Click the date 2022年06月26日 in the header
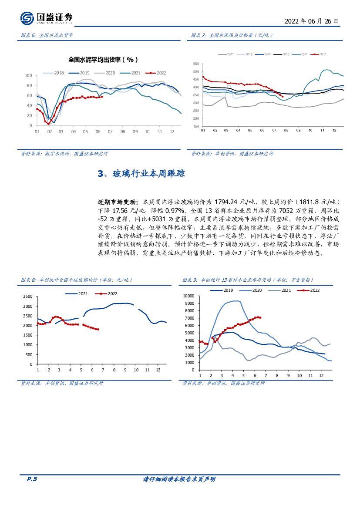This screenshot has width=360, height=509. (311, 21)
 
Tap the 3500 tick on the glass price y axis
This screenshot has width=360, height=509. (27, 297)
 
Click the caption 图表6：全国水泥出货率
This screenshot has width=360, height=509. (47, 35)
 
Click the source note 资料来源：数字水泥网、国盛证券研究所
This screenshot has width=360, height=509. (65, 154)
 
